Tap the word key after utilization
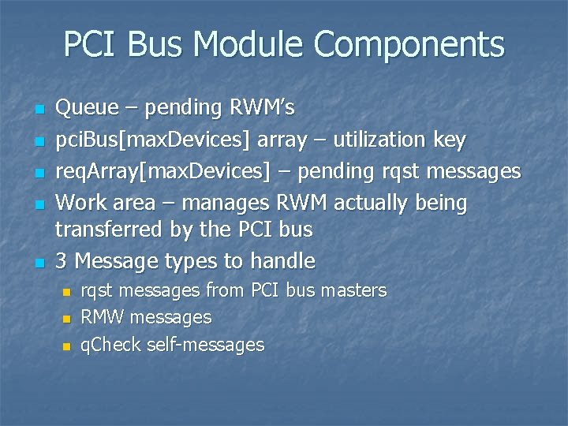click(x=449, y=140)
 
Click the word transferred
click(x=110, y=230)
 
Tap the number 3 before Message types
click(x=61, y=260)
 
